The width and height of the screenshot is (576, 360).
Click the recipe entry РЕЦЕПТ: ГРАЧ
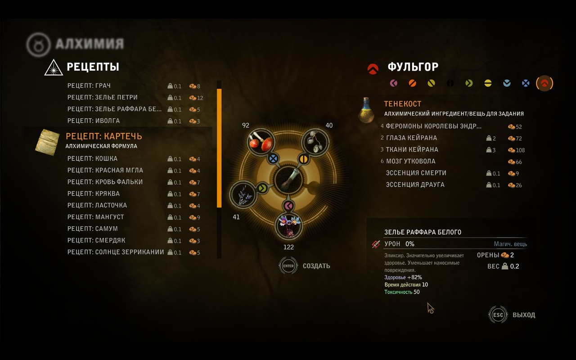pyautogui.click(x=89, y=85)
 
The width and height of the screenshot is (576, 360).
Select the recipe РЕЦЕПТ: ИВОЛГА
pyautogui.click(x=94, y=121)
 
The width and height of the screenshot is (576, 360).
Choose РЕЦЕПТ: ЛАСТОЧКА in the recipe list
pyautogui.click(x=97, y=205)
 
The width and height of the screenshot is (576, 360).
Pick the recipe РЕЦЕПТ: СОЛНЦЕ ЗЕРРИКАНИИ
pyautogui.click(x=116, y=252)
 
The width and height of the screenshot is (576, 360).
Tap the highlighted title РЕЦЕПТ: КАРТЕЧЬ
pyautogui.click(x=104, y=136)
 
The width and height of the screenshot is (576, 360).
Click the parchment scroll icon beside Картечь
pyautogui.click(x=47, y=142)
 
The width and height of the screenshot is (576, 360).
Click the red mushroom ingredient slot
pyautogui.click(x=261, y=142)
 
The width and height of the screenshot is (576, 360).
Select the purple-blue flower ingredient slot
pyautogui.click(x=288, y=226)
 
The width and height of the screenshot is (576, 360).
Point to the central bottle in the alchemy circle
pyautogui.click(x=288, y=179)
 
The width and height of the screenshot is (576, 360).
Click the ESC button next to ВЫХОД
pyautogui.click(x=498, y=315)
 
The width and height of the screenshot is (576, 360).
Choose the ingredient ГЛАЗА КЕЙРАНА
pyautogui.click(x=411, y=138)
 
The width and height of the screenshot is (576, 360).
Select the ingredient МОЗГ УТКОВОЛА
pyautogui.click(x=411, y=161)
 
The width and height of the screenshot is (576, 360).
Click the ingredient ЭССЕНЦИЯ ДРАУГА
pyautogui.click(x=415, y=184)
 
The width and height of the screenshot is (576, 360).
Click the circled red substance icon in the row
pyautogui.click(x=544, y=83)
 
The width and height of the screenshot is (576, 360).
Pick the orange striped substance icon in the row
pyautogui.click(x=413, y=83)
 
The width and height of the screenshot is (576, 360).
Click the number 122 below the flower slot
pyautogui.click(x=288, y=247)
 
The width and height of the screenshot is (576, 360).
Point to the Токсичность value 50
pyautogui.click(x=417, y=292)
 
